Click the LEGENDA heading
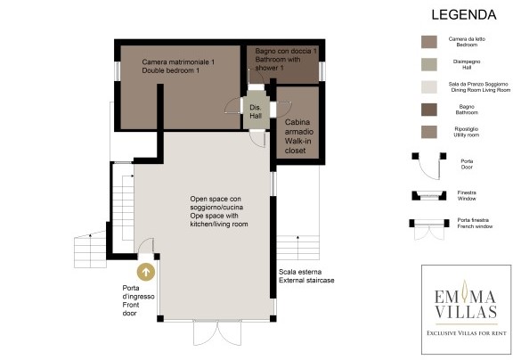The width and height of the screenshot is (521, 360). coord(464,15)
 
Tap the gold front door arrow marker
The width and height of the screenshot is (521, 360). coord(146,272)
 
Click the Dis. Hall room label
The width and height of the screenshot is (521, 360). coord(256,111)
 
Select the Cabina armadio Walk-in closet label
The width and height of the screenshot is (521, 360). coord(298,136)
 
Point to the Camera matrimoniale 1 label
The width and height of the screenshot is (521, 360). coord(178,66)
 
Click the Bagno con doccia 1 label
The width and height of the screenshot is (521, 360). coord(286,59)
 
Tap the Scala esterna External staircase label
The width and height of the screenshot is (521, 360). coord(306,276)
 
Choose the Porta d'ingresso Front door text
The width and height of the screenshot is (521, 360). coord(138,300)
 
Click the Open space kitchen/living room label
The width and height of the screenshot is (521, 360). coord(219,211)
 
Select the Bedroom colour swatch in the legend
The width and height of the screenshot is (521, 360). coord(429,42)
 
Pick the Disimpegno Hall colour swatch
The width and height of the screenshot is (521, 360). coord(429,64)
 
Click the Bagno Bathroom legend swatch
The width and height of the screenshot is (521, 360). coord(429,110)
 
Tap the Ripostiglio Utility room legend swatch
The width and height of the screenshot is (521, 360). coord(429,132)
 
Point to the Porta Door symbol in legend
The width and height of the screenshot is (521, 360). coord(429,165)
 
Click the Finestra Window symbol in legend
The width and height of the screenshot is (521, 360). coord(429,195)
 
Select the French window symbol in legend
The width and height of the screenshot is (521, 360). coord(429,229)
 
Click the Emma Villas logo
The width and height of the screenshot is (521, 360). coord(466,309)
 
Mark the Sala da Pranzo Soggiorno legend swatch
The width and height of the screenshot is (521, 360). coord(429,87)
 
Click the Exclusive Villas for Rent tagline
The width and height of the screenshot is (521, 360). coord(467,332)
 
